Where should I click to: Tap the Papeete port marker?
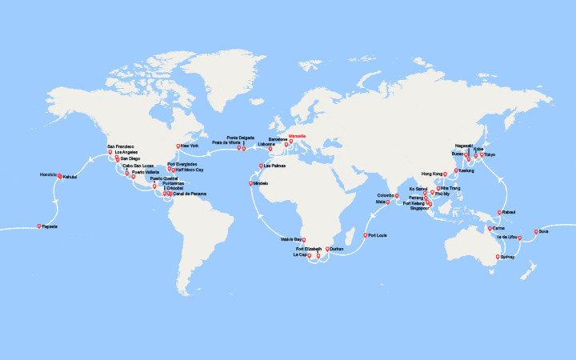[39, 226]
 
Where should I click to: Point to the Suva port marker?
[535, 232]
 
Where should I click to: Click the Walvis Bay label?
[291, 239]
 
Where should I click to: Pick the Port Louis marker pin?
[366, 235]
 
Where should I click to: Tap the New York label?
[190, 146]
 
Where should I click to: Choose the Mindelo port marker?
[252, 183]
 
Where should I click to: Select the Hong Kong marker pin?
[445, 174]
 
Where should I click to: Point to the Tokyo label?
[490, 154]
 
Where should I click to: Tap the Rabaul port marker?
[499, 213]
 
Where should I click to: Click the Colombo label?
[387, 194]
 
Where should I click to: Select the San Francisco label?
[120, 146]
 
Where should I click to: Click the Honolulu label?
[48, 174]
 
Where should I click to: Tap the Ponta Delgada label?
[240, 138]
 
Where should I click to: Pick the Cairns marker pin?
[490, 228]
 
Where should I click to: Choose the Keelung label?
[466, 170]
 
